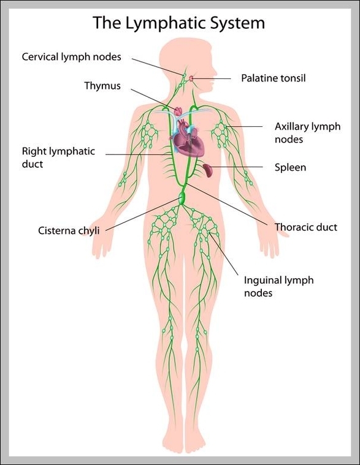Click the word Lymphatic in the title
(x=166, y=23)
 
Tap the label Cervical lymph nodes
(x=72, y=57)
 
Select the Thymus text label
(x=102, y=86)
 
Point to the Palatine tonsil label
(x=273, y=78)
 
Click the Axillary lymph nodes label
(x=307, y=133)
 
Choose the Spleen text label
(x=290, y=167)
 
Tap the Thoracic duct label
(x=305, y=227)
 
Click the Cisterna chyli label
(x=69, y=231)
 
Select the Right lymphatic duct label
(x=58, y=157)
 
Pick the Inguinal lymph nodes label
(x=278, y=287)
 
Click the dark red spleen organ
(x=208, y=170)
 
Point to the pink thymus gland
(x=178, y=112)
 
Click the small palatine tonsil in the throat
(x=191, y=78)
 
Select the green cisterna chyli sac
(x=182, y=198)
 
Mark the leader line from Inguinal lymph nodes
(x=223, y=254)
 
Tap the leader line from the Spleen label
(x=237, y=167)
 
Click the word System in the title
(x=238, y=23)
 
